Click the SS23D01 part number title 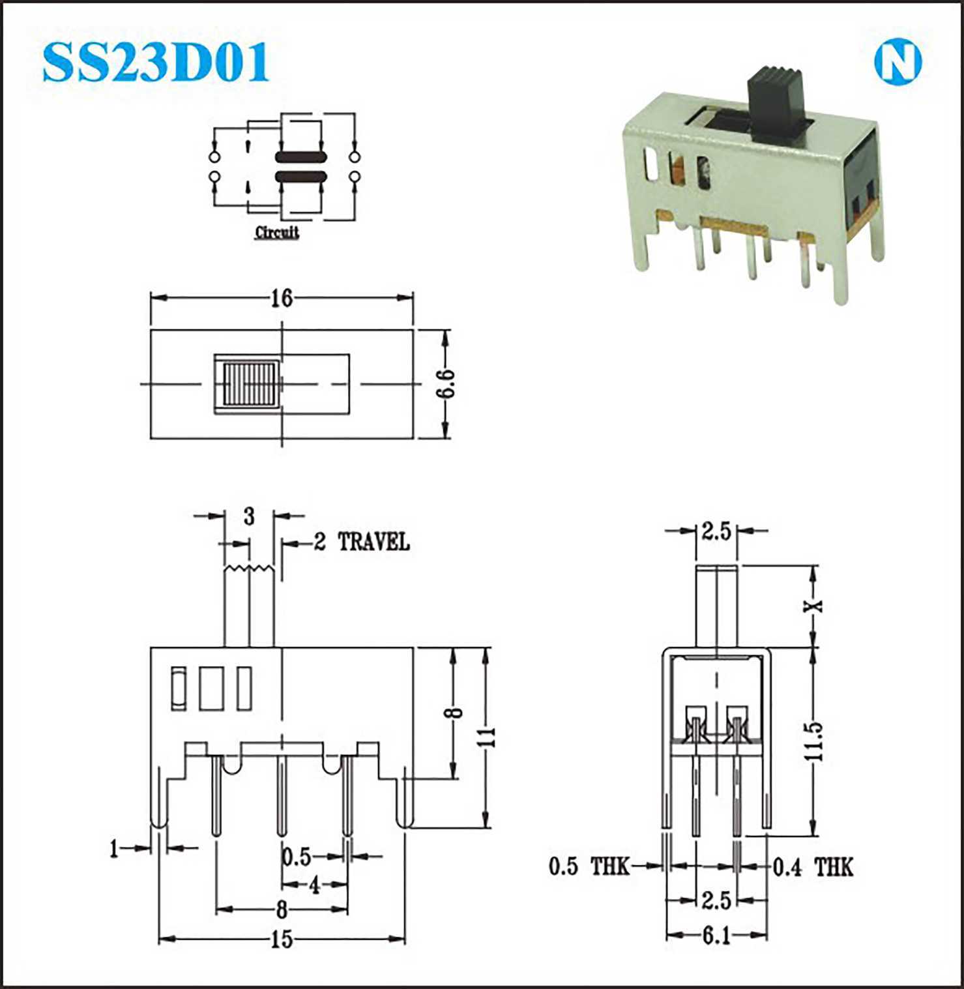tap(156, 63)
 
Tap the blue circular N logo tap(898, 63)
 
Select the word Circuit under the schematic tap(277, 232)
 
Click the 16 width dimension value tap(282, 298)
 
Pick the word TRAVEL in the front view tap(373, 542)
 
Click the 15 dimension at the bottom tap(282, 939)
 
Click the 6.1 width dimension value tap(716, 936)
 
